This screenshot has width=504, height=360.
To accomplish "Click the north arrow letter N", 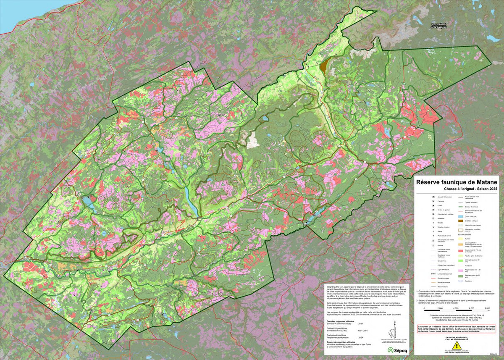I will pos(395,323).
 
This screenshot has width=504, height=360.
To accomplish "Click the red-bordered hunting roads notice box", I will pos(457,328).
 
